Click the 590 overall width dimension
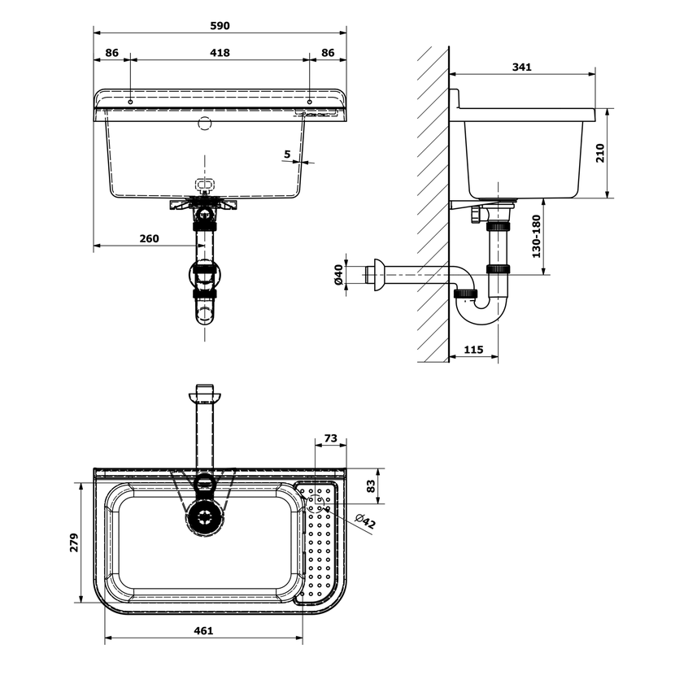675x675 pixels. pyautogui.click(x=220, y=26)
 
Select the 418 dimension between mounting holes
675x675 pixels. pyautogui.click(x=220, y=53)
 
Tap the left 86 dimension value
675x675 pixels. pyautogui.click(x=111, y=53)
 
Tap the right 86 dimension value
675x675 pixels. pyautogui.click(x=328, y=53)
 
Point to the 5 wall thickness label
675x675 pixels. pyautogui.click(x=287, y=154)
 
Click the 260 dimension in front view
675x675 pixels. pyautogui.click(x=149, y=238)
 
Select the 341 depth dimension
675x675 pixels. pyautogui.click(x=522, y=67)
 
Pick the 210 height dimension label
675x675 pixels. pyautogui.click(x=599, y=153)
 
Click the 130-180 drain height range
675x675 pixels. pyautogui.click(x=536, y=237)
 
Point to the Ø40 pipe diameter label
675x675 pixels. pyautogui.click(x=338, y=275)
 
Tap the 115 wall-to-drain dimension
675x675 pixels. pyautogui.click(x=473, y=349)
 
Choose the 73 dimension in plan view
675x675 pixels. pyautogui.click(x=331, y=438)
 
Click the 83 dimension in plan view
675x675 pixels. pyautogui.click(x=370, y=486)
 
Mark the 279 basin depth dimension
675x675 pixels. pyautogui.click(x=74, y=542)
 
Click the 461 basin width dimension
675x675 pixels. pyautogui.click(x=203, y=630)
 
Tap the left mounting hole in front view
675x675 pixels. pyautogui.click(x=130, y=102)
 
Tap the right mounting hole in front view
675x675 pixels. pyautogui.click(x=310, y=102)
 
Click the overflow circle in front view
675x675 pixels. pyautogui.click(x=205, y=123)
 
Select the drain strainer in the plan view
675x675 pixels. pyautogui.click(x=205, y=517)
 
